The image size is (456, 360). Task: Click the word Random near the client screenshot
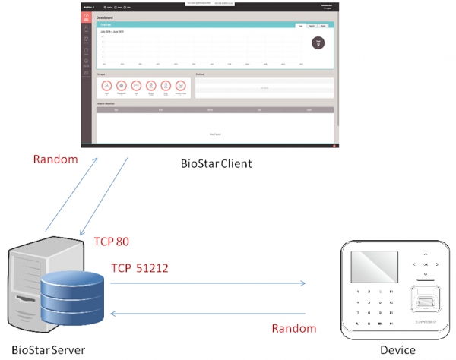tap(55, 159)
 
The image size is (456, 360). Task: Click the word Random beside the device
tap(293, 328)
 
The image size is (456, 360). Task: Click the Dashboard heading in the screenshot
tap(106, 17)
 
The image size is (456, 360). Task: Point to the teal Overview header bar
tap(190, 26)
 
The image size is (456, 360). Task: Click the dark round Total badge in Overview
tap(318, 43)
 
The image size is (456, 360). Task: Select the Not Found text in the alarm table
tap(215, 134)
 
